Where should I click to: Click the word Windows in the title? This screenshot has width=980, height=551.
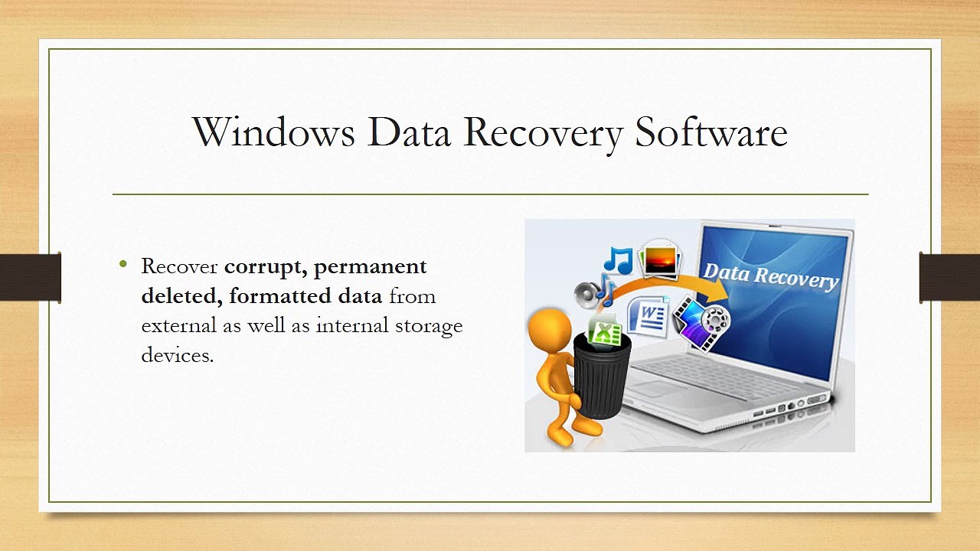[273, 132]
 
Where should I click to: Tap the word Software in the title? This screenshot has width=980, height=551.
[711, 132]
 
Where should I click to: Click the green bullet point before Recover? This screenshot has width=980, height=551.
[123, 265]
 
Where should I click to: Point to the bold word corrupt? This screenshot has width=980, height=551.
[265, 267]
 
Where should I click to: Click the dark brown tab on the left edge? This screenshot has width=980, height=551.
[31, 277]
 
